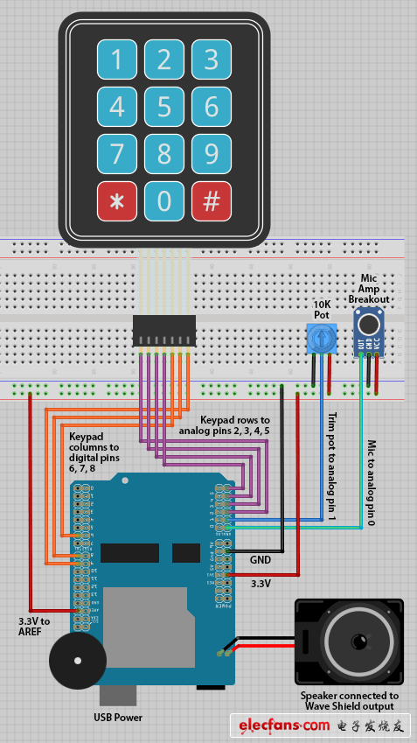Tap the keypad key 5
coord(164,107)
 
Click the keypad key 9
coord(211,154)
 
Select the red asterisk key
coord(116,201)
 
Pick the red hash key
coord(211,201)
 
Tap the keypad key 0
coord(164,201)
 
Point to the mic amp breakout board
coord(369,333)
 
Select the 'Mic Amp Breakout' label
coord(369,289)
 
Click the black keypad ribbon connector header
coord(163,331)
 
